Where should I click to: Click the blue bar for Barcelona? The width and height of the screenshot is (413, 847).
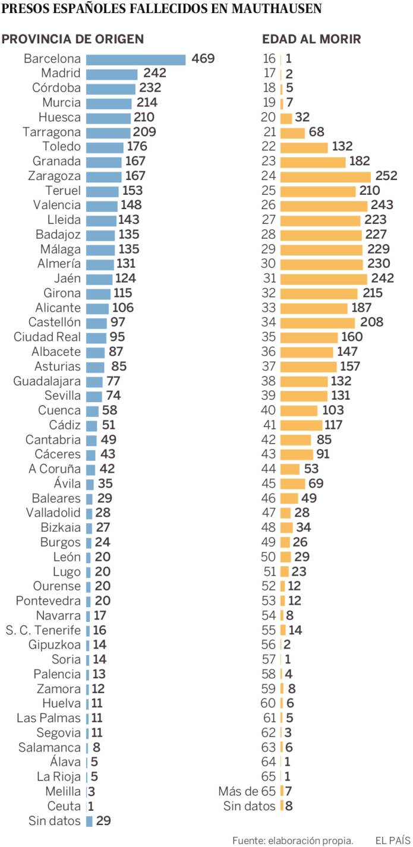click(135, 59)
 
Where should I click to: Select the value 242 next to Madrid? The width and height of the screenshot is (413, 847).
click(154, 74)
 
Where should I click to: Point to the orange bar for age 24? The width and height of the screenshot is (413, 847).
click(325, 176)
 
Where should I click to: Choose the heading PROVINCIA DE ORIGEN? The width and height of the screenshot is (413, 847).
click(73, 39)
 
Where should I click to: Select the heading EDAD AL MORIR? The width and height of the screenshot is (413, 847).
click(311, 39)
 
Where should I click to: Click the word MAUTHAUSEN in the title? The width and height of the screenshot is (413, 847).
click(272, 8)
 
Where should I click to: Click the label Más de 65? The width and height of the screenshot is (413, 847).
click(247, 791)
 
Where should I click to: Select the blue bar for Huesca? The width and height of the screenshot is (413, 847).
click(109, 118)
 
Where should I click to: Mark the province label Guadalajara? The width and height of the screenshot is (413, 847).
click(47, 381)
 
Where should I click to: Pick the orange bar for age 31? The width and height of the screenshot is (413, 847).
click(323, 279)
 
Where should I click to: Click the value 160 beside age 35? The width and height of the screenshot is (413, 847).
click(351, 337)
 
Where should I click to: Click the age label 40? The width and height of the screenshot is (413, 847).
click(269, 410)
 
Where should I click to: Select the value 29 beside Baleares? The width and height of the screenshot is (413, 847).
click(105, 498)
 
